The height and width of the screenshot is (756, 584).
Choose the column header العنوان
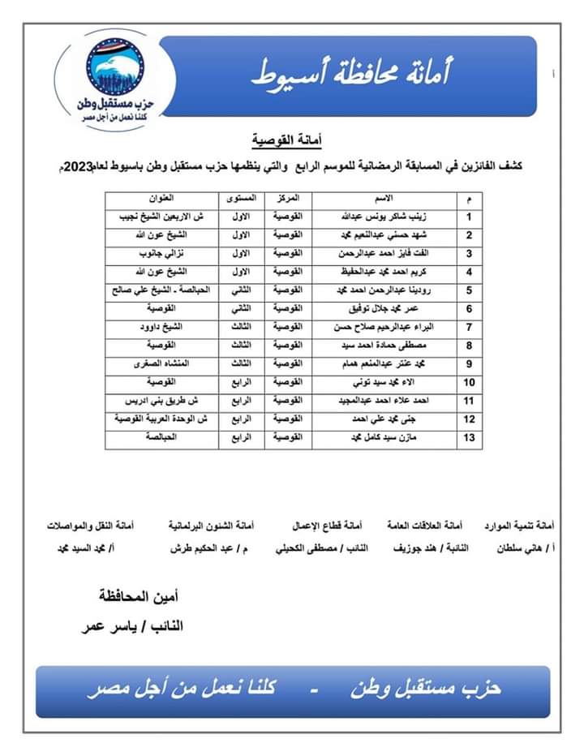pos(160,198)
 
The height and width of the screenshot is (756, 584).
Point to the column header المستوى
pos(242,198)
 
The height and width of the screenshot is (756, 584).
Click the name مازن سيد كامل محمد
pos(384,440)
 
